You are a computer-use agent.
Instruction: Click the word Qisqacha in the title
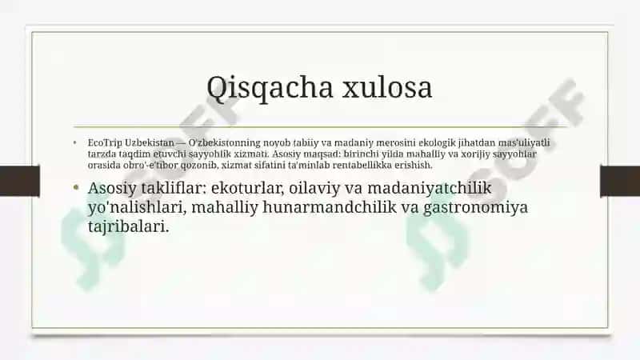point(270,88)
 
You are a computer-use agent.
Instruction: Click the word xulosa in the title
point(387,87)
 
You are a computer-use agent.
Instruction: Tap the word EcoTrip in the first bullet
point(105,143)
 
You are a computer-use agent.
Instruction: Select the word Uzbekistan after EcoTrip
point(150,142)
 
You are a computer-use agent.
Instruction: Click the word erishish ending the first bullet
point(413,165)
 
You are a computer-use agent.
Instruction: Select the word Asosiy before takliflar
point(112,189)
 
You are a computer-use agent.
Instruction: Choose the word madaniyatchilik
point(430,188)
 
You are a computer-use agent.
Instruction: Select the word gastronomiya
point(475,207)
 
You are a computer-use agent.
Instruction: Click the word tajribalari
point(128,226)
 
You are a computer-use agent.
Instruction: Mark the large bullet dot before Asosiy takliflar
point(76,188)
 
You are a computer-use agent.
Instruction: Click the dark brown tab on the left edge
point(19,182)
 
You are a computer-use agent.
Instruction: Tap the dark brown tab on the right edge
point(620,182)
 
